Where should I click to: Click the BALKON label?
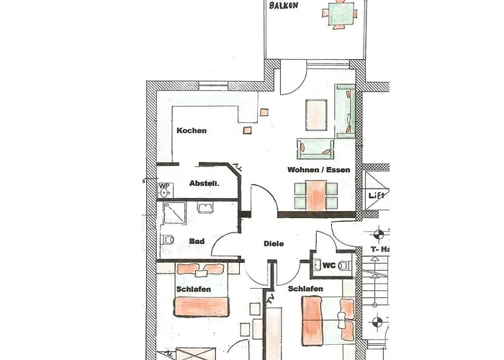(284, 6)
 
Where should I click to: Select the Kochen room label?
(192, 130)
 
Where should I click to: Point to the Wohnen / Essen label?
(318, 170)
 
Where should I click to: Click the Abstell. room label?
(204, 184)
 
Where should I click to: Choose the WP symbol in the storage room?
(165, 190)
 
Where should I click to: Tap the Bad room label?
(197, 241)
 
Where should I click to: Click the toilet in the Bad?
(167, 240)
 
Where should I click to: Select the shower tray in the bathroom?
(174, 213)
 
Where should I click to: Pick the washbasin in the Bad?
(205, 207)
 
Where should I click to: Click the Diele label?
(274, 243)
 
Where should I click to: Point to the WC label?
(329, 266)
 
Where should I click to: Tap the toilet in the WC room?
(345, 266)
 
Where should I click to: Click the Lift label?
(377, 195)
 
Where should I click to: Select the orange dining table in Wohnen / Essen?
(316, 195)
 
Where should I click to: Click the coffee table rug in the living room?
(316, 115)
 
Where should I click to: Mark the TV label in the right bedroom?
(269, 300)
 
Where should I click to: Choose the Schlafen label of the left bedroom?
(194, 289)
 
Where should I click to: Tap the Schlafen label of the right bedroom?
(305, 289)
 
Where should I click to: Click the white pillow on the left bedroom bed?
(201, 274)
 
